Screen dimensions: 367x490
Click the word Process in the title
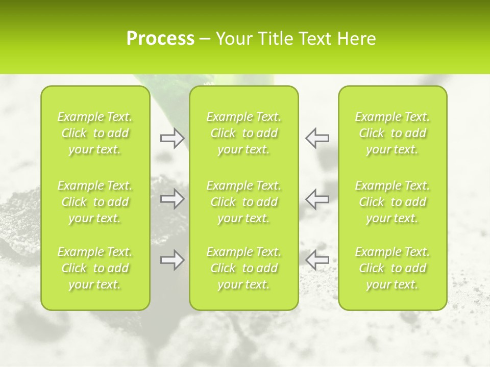[x=160, y=39]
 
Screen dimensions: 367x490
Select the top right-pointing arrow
[x=172, y=138]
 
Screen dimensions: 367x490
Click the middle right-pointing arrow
[x=172, y=199]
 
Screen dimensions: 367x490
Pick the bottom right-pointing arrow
[x=172, y=260]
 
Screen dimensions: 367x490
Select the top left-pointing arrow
[x=317, y=138]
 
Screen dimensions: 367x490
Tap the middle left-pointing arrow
[x=317, y=199]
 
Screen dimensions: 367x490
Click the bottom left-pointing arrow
[x=317, y=260]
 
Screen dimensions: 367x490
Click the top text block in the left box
[x=95, y=133]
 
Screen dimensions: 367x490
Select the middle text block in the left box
[x=95, y=202]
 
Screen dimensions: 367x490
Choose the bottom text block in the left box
[x=95, y=268]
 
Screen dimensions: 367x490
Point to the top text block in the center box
[x=244, y=133]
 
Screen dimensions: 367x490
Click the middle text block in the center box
[x=244, y=202]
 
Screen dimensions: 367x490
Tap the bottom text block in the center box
[x=244, y=268]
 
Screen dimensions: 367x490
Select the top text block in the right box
[x=393, y=133]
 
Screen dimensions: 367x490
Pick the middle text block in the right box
[x=393, y=202]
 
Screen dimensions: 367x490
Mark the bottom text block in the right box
[x=393, y=268]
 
